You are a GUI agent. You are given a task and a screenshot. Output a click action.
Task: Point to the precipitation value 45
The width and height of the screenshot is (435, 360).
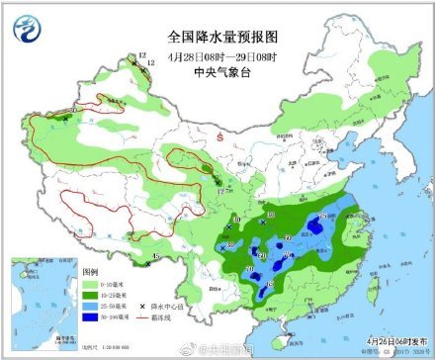[157, 259]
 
